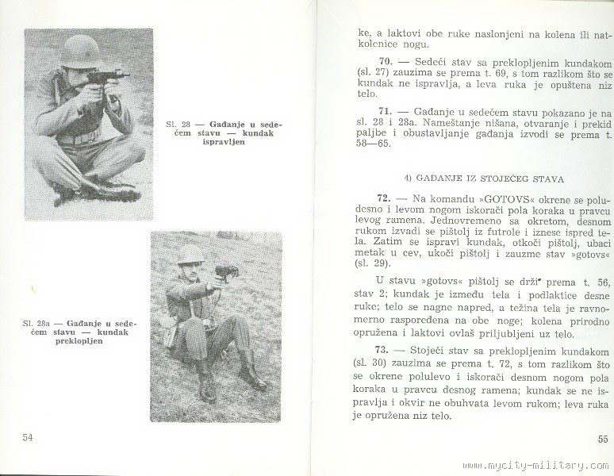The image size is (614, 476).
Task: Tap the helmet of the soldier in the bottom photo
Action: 190,253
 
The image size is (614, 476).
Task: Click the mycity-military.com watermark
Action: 547,466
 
